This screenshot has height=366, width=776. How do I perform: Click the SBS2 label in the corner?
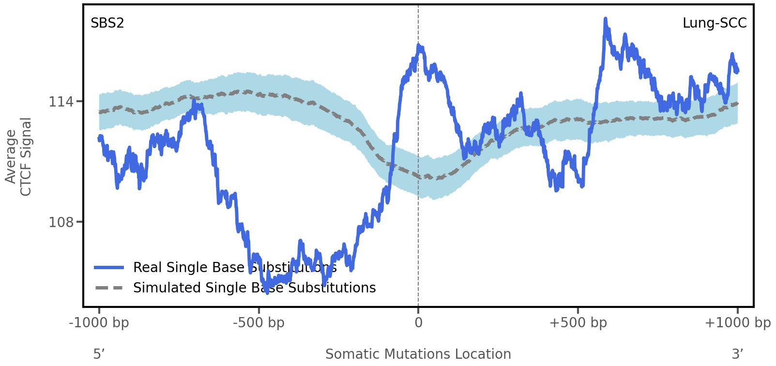pos(107,23)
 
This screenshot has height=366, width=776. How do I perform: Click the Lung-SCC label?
pos(714,23)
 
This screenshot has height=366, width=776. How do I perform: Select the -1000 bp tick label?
pos(99,323)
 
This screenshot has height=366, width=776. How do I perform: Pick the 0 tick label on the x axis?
pos(418,323)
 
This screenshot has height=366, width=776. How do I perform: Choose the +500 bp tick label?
pos(578,323)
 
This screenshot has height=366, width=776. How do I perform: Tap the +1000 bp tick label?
pos(737,323)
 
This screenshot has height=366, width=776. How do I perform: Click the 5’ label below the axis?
pos(99,354)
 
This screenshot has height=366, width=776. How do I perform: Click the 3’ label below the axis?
pos(737,354)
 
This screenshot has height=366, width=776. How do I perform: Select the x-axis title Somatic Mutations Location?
pos(418,354)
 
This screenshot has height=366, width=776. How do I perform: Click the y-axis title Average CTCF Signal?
pos(18,156)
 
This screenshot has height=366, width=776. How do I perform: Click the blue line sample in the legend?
pos(109,268)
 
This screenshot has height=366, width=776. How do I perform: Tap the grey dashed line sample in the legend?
pos(109,288)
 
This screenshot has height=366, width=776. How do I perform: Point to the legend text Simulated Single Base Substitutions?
pos(254,288)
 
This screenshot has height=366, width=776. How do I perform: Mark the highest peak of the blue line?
pos(605,19)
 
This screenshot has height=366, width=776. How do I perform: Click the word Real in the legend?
pos(147,268)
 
